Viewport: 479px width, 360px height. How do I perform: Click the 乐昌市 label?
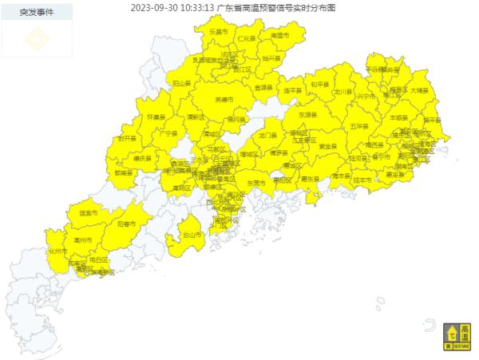pyautogui.click(x=218, y=31)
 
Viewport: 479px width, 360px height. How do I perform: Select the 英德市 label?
pyautogui.click(x=224, y=99)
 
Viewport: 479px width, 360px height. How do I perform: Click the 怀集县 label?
pyautogui.click(x=156, y=117)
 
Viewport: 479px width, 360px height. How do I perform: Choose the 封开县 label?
pyautogui.click(x=127, y=138)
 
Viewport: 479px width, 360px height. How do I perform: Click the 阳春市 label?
pyautogui.click(x=127, y=225)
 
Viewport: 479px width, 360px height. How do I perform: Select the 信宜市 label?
pyautogui.click(x=89, y=214)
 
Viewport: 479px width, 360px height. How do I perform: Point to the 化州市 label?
pyautogui.click(x=57, y=250)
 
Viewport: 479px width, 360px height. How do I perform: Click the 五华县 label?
pyautogui.click(x=359, y=127)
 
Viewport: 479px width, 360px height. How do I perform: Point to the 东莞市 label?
pyautogui.click(x=255, y=183)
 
